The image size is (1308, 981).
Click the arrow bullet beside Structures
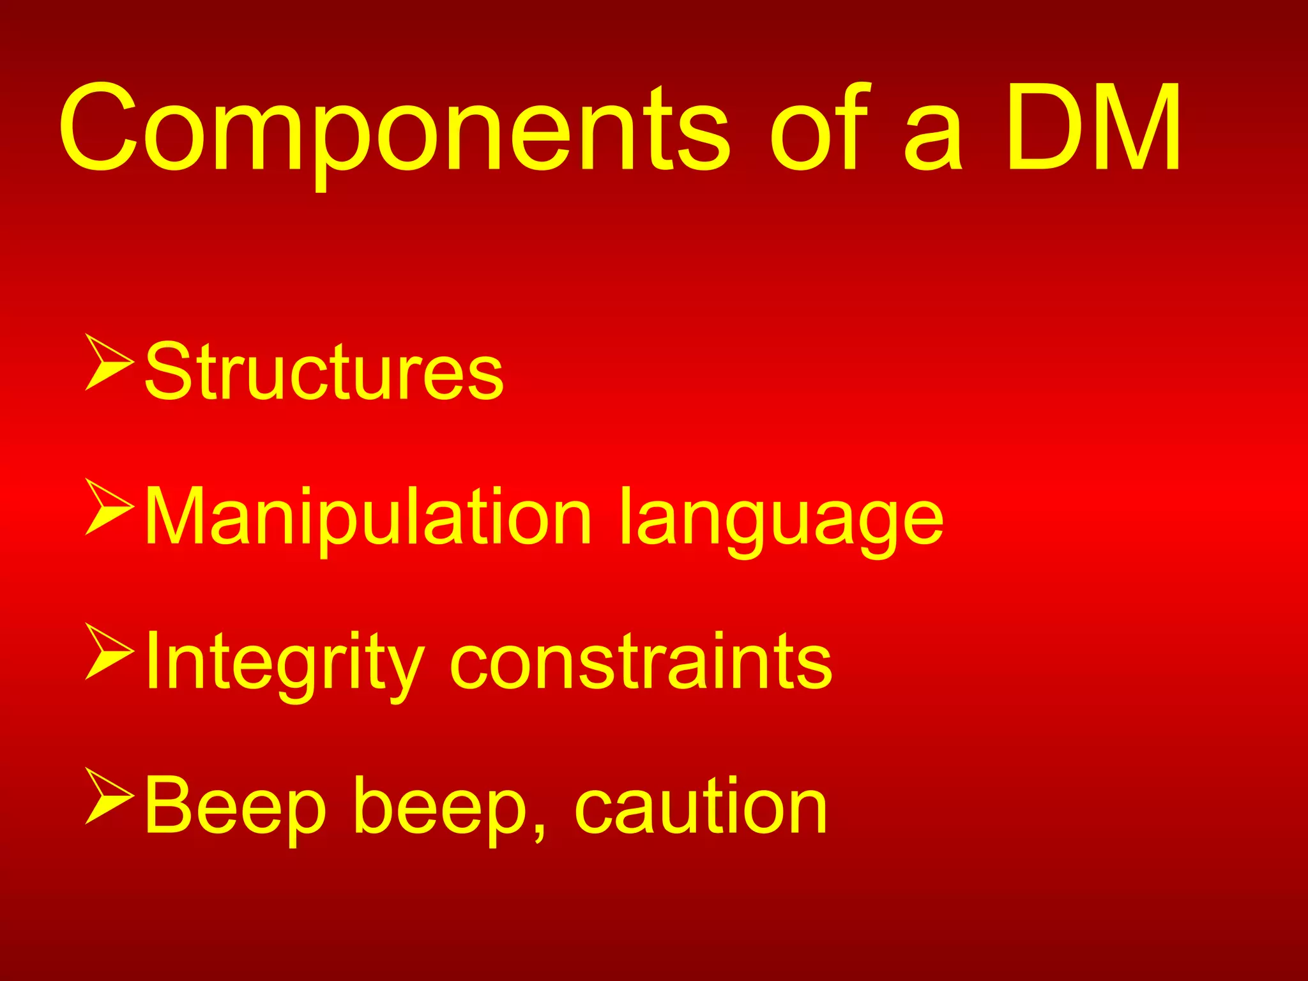109,361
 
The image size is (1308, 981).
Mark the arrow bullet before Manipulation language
109,506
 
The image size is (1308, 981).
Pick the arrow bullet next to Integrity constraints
109,651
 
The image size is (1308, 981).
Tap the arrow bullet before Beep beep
109,796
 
